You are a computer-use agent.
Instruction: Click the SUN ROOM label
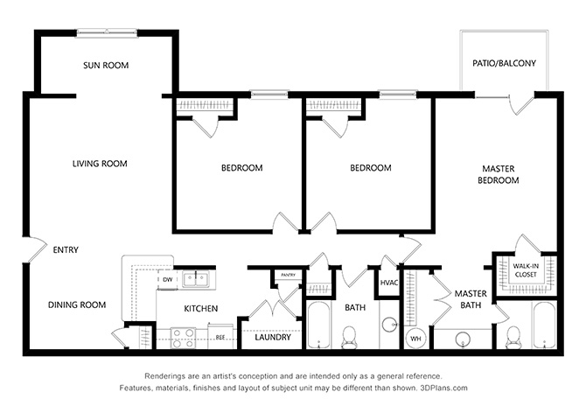tap(106, 66)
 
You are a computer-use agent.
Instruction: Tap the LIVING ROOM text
tap(100, 164)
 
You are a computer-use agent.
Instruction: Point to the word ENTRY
tap(66, 250)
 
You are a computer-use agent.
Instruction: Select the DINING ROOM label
tap(77, 304)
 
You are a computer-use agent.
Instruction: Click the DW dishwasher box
tap(167, 279)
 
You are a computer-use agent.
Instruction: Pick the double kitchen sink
tap(196, 278)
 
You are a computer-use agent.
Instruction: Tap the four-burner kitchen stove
tap(183, 338)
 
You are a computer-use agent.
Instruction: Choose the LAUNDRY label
tap(273, 338)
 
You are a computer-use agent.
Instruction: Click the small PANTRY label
tap(288, 275)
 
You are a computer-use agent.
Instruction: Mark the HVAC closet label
tap(389, 283)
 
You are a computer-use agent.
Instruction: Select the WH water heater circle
tap(416, 338)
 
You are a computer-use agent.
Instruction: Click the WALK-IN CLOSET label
tap(526, 270)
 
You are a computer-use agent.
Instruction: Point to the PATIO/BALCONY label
tap(504, 63)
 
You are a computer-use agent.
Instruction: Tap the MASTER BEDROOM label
tap(499, 175)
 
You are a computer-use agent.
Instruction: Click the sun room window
tap(107, 33)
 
